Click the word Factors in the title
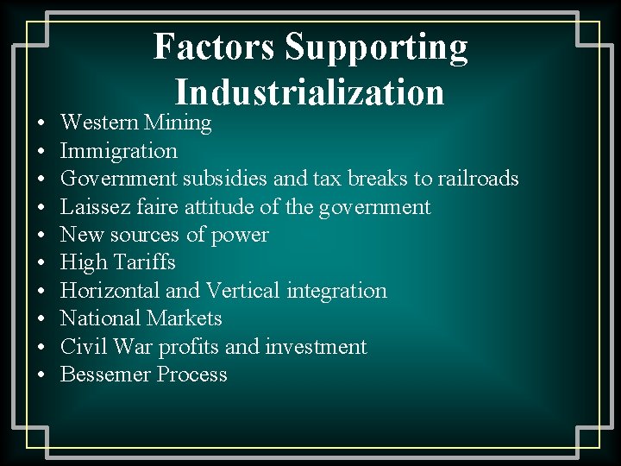(x=215, y=47)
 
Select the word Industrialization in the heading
(x=310, y=91)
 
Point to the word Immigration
(x=119, y=151)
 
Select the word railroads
(x=479, y=179)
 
